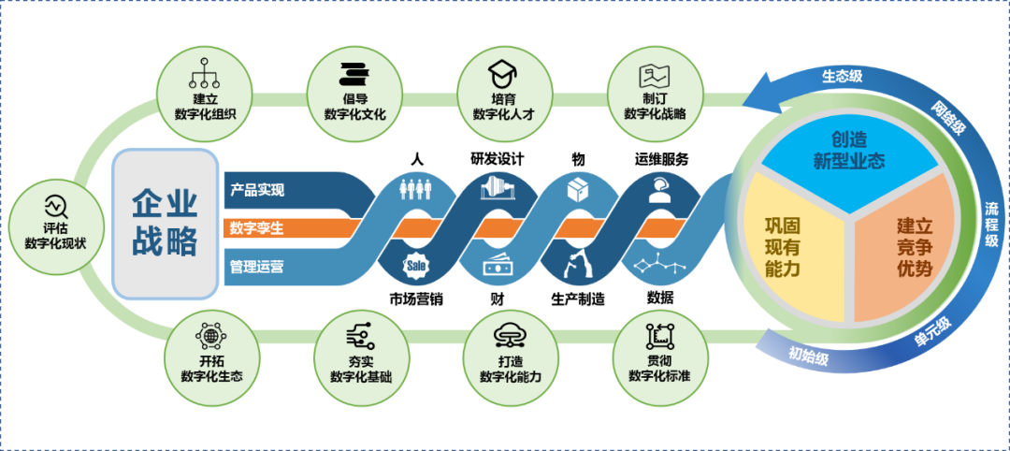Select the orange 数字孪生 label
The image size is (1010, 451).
click(x=257, y=228)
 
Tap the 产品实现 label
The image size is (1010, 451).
click(x=257, y=190)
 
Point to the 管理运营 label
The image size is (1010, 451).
click(x=257, y=267)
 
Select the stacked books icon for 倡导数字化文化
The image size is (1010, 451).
click(x=354, y=71)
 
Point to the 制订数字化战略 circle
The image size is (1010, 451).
click(x=655, y=92)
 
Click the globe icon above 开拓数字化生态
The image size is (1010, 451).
click(x=210, y=335)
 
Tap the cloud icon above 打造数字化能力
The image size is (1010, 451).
click(x=510, y=334)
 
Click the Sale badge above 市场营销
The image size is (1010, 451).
click(x=416, y=267)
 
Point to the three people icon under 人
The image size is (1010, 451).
click(x=416, y=189)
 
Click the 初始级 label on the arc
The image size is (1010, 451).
click(x=806, y=355)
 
